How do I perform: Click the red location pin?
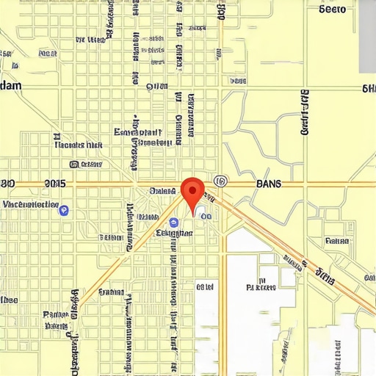(x=192, y=190)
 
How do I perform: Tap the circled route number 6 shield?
(x=220, y=181)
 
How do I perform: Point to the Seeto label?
(x=333, y=10)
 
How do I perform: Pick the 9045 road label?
(x=55, y=184)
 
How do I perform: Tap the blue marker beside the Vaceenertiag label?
(x=64, y=211)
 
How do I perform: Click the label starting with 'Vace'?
(x=31, y=203)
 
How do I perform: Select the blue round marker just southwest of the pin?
(x=173, y=222)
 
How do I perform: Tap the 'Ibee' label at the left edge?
(x=9, y=300)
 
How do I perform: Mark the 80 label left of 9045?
(x=7, y=184)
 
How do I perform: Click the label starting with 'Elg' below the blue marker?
(x=176, y=233)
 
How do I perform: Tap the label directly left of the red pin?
(x=162, y=191)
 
